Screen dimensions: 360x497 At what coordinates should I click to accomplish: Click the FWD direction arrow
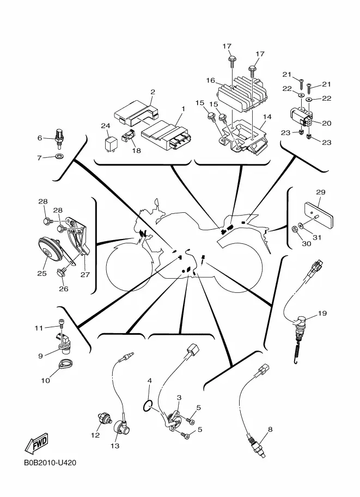(x=37, y=442)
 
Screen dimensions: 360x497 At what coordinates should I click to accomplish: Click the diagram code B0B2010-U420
(x=50, y=463)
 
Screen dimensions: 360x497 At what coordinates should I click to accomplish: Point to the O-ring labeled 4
(x=148, y=406)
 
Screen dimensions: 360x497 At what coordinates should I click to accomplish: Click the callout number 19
(x=322, y=313)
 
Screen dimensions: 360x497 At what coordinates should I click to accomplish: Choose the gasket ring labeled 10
(x=65, y=364)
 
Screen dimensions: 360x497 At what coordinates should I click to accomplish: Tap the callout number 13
(x=115, y=446)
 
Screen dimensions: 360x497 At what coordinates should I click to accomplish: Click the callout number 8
(x=270, y=429)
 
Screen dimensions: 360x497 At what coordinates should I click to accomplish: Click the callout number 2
(x=153, y=92)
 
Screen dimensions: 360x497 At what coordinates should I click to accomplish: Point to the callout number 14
(x=267, y=116)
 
